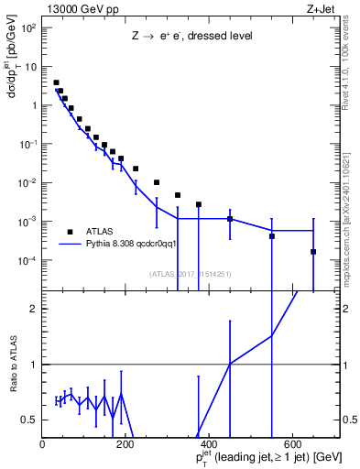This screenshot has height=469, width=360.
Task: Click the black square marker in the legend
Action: [70, 231]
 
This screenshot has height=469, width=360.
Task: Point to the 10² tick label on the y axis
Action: [27, 27]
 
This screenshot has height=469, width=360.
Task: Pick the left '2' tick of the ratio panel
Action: [34, 309]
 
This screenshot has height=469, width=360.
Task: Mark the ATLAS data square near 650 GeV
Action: [313, 252]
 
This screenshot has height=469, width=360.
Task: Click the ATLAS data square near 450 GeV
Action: [230, 219]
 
